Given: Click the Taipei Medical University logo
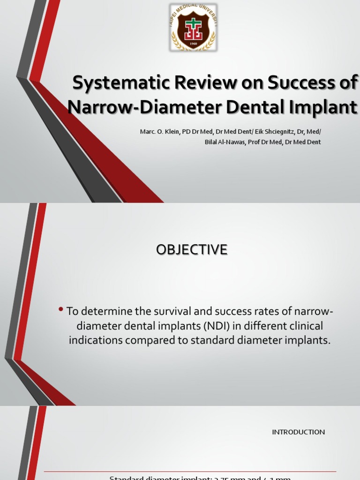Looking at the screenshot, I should (193, 27).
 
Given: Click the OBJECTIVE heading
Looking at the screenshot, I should (192, 250).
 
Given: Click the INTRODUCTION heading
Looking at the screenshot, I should (298, 432).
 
